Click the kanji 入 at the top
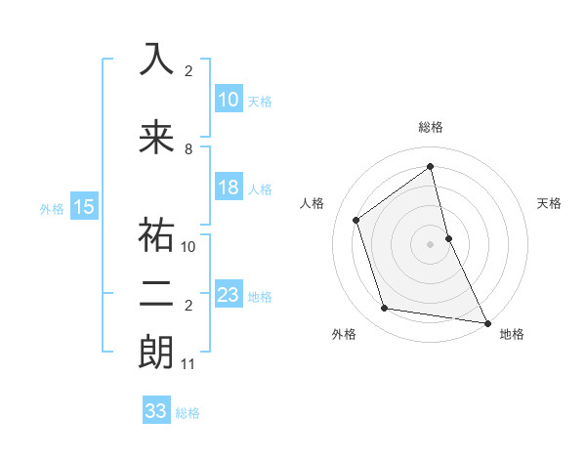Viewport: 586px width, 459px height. coord(156,60)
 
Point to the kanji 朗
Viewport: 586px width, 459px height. coord(156,353)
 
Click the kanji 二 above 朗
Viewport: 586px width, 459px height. coord(156,294)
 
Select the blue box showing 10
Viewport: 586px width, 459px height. coord(228,100)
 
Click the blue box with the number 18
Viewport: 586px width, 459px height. coord(228,188)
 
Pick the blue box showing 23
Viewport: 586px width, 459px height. coord(228,294)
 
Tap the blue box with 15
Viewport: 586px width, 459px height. coord(83,206)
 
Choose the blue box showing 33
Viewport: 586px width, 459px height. coord(156,411)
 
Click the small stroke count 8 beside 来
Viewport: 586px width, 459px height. coord(188,149)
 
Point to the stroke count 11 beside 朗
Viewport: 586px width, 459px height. coord(188,364)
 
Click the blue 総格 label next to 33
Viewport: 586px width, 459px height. coord(188,412)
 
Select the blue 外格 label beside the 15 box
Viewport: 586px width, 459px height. coord(52,207)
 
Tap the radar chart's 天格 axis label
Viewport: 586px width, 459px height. coord(550,203)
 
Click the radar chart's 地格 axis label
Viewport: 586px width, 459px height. coord(512,334)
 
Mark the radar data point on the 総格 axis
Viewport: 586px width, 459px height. coord(430,166)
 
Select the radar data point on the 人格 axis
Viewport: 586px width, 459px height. coord(356,220)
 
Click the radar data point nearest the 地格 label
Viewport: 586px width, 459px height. coord(486,321)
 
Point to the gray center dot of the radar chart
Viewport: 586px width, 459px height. coord(430,243)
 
